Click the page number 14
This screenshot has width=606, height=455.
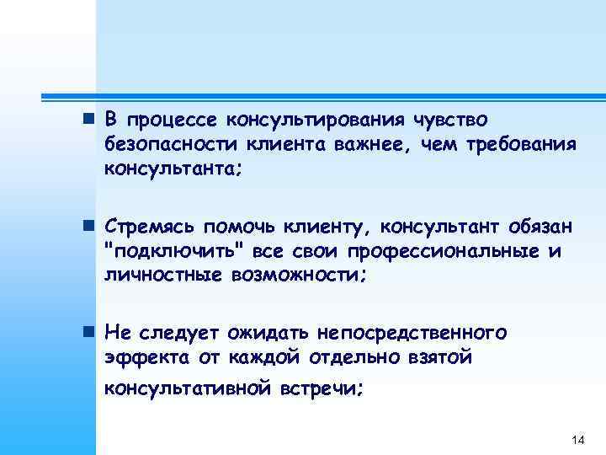[577, 441]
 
